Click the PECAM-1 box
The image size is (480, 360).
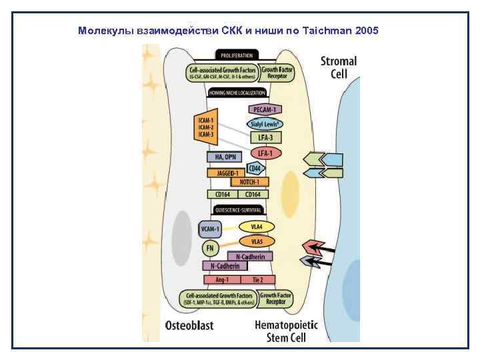click(265, 109)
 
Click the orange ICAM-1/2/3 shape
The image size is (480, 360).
click(205, 127)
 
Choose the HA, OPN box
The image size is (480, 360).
click(224, 157)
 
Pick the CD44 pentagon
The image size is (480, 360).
click(254, 168)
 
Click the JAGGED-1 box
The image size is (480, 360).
click(227, 173)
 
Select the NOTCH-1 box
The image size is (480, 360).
click(249, 181)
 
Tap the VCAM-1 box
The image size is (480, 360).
click(210, 229)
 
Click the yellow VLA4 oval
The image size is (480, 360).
click(257, 227)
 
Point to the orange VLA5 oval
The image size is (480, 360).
click(257, 240)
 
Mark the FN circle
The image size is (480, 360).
click(209, 248)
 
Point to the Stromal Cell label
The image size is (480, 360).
click(339, 67)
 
